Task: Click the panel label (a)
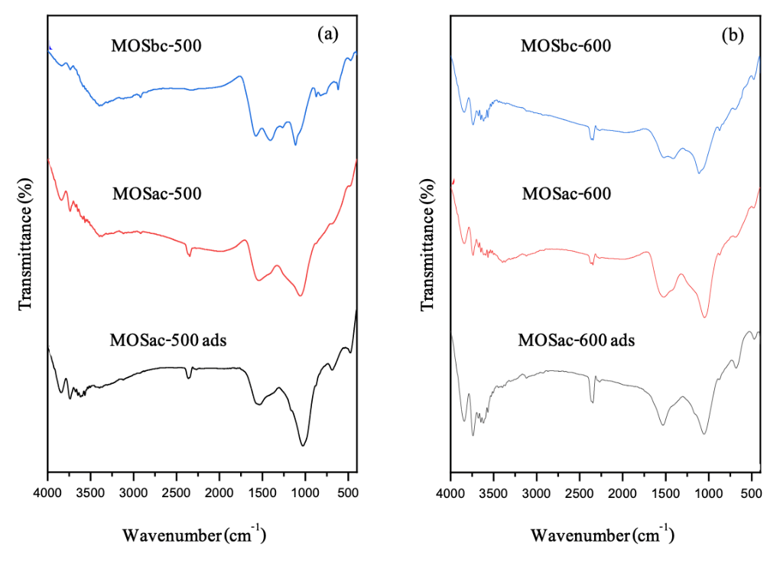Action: (x=328, y=34)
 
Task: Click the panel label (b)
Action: (x=732, y=34)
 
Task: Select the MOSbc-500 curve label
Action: (x=156, y=45)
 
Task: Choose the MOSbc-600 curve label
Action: (x=566, y=46)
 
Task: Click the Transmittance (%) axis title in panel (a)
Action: (x=25, y=242)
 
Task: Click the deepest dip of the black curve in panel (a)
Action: (x=304, y=446)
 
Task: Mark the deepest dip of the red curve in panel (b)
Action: (x=704, y=317)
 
